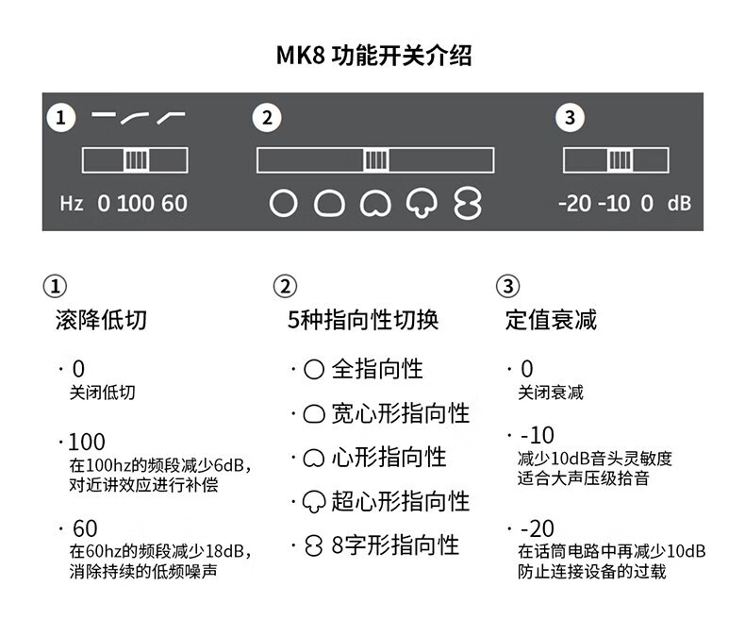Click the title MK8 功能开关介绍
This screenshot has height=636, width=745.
(373, 55)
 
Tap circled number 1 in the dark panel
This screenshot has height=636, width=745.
(61, 118)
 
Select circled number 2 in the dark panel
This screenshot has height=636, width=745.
(267, 118)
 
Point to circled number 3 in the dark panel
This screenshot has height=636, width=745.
(569, 118)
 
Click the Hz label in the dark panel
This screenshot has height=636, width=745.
(72, 203)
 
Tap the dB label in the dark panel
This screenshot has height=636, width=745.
(679, 203)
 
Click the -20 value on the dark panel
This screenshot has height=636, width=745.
(573, 203)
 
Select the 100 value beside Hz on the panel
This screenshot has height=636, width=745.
(136, 203)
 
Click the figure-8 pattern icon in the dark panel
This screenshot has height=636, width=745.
(467, 203)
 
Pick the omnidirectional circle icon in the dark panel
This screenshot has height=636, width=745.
(283, 203)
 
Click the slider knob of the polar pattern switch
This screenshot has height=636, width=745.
(375, 160)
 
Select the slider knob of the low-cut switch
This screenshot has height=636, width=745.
(136, 160)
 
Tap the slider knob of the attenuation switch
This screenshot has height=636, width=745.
(619, 160)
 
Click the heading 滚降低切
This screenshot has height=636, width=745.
(101, 320)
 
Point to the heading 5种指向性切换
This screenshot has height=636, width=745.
(363, 320)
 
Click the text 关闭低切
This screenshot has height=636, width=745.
(103, 393)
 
